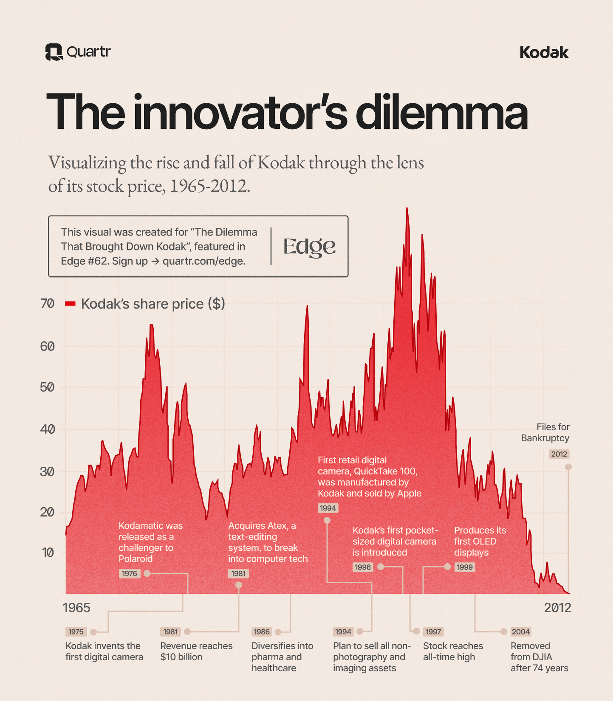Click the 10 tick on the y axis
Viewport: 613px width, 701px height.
[x=48, y=552]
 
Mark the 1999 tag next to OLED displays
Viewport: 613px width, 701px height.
[x=465, y=567]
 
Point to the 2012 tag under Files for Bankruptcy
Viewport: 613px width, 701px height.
[x=559, y=454]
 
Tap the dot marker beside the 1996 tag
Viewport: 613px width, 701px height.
[x=380, y=567]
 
